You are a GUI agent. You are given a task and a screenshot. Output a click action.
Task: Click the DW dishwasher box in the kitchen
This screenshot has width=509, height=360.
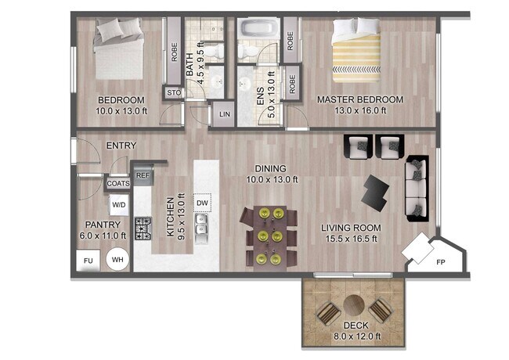coord(202,203)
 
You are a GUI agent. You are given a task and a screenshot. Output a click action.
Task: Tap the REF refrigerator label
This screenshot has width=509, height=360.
coord(143,176)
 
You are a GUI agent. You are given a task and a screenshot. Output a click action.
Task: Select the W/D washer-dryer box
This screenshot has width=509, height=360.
coord(119,206)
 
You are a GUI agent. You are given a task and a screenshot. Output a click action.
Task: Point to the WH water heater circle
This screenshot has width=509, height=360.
coord(118,260)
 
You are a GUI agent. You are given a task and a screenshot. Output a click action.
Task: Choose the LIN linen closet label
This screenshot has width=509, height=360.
coord(225,115)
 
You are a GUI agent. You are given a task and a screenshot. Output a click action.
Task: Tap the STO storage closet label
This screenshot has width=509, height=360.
coord(173,94)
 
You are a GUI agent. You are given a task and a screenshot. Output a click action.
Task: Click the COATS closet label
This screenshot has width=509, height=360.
coord(118,183)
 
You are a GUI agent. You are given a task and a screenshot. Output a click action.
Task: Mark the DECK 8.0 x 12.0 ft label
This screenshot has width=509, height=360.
coord(356,331)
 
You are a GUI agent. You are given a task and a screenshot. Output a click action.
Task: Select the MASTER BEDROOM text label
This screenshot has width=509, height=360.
coord(359,100)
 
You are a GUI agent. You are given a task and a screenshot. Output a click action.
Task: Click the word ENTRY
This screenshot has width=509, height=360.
coord(121,146)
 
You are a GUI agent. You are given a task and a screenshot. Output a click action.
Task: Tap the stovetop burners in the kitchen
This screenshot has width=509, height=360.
coord(143,229)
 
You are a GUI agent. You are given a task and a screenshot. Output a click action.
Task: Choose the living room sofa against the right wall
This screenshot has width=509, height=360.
coord(416,186)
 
